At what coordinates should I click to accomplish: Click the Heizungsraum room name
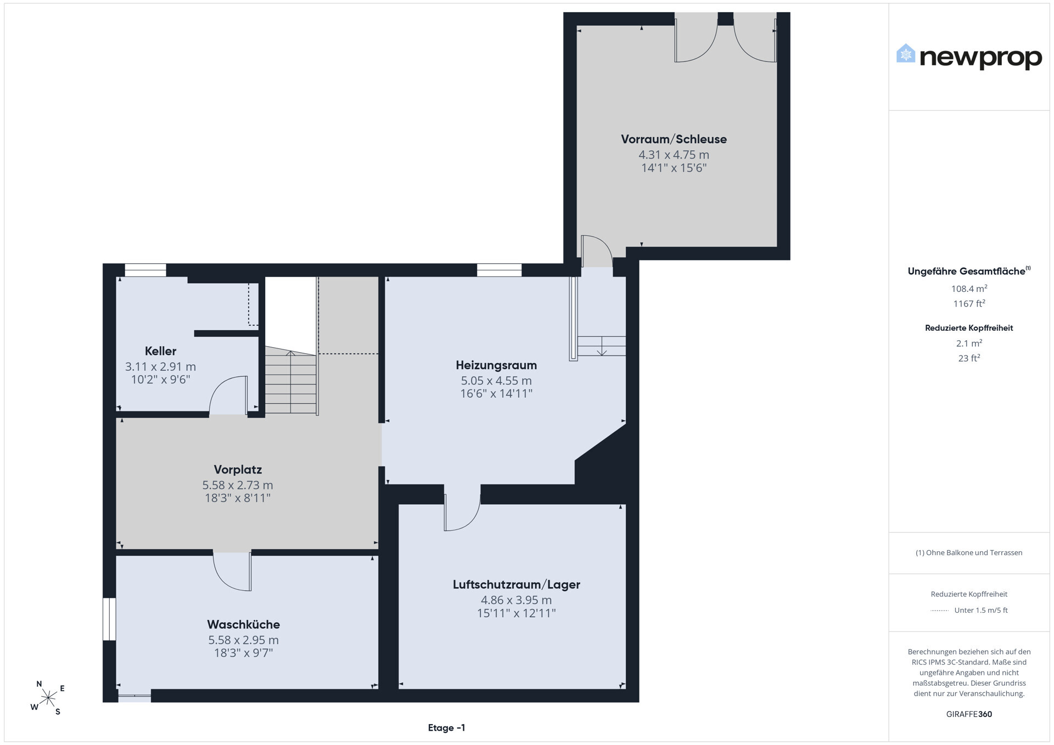496,365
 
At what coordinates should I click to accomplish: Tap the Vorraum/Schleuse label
674,139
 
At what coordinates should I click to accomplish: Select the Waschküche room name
243,624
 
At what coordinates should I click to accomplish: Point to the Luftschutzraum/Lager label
516,585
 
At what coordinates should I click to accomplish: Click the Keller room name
160,351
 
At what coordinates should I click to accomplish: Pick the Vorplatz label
238,470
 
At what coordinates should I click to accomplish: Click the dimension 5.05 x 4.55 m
496,381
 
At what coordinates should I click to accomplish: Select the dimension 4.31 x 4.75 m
674,155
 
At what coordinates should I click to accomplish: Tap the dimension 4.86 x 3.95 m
516,600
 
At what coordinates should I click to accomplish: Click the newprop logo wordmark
980,57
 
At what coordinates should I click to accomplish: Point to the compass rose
48,698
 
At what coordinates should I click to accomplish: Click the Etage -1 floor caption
446,728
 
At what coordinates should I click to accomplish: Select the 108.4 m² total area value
969,289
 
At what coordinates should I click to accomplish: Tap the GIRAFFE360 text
969,714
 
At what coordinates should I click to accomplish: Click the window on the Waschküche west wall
109,619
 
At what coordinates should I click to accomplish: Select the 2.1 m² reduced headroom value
969,343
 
